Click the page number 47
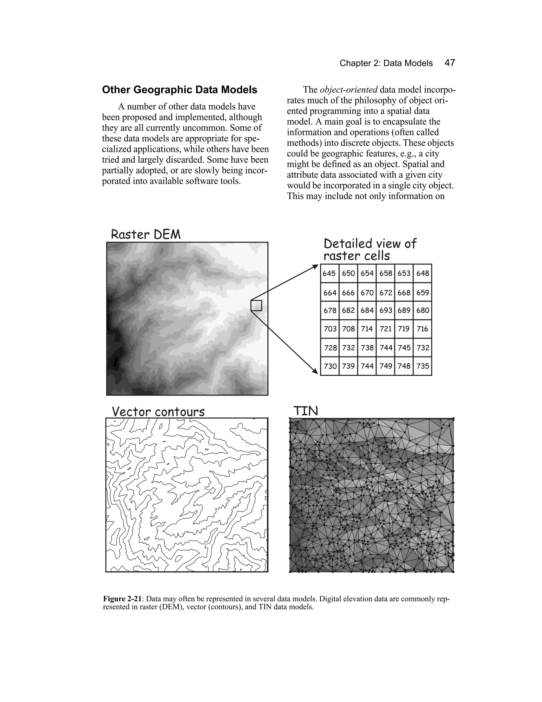(x=450, y=63)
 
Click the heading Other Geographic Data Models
(x=179, y=90)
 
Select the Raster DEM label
(x=146, y=234)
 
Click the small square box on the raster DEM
(x=256, y=305)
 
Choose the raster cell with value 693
(x=385, y=310)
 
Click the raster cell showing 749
(x=385, y=366)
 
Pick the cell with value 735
(x=423, y=366)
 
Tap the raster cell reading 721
(x=385, y=329)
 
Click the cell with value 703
(x=330, y=329)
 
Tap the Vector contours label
(x=158, y=412)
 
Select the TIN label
(x=305, y=411)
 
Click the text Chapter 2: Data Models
(x=386, y=63)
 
